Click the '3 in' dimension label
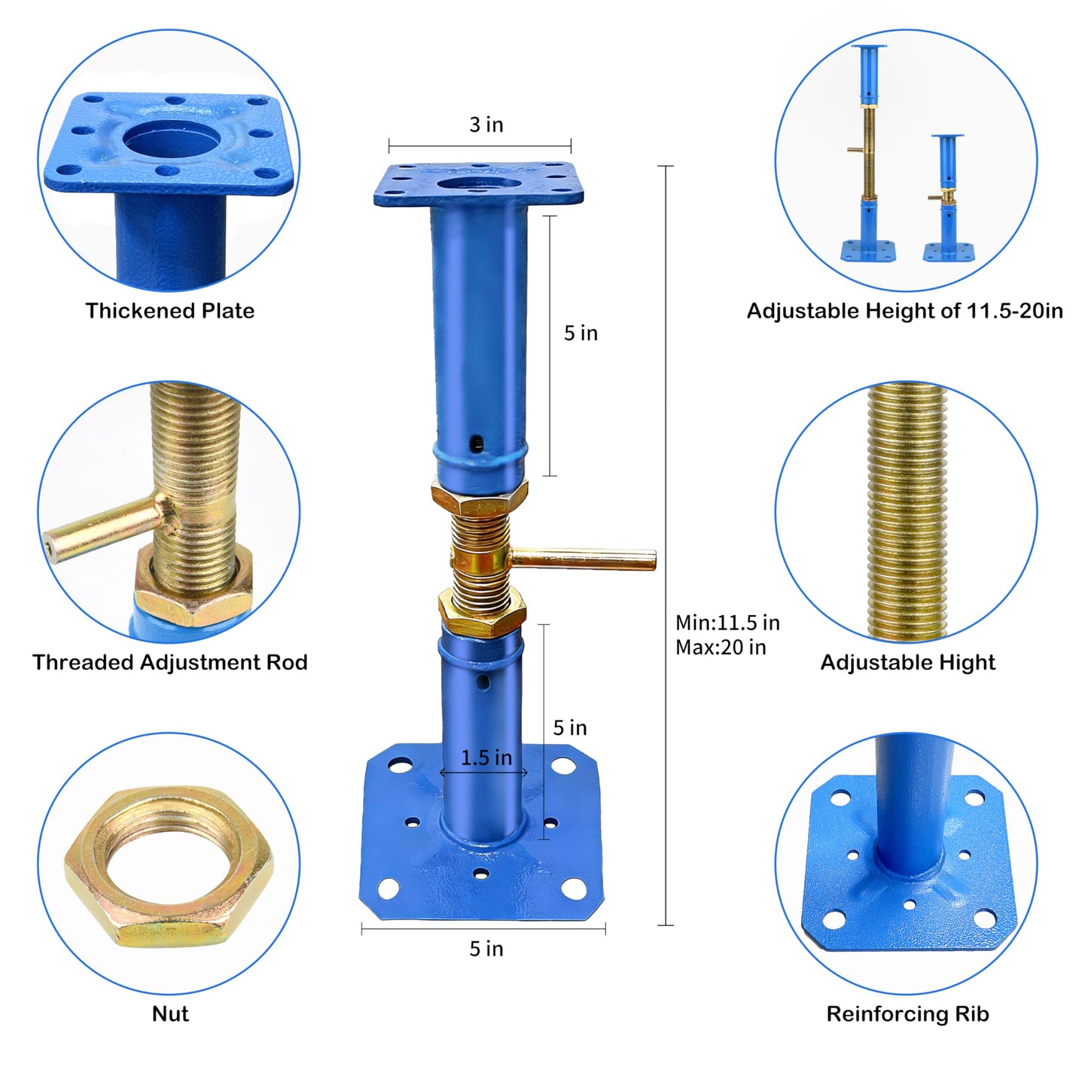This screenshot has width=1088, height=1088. [x=486, y=125]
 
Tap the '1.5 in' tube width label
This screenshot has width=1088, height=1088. [x=486, y=757]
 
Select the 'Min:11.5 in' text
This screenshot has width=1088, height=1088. [x=727, y=623]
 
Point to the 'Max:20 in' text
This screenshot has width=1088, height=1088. [x=721, y=647]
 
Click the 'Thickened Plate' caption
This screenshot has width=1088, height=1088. [x=170, y=311]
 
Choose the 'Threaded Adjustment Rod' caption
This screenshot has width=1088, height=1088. [x=170, y=663]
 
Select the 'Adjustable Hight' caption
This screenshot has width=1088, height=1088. [x=907, y=663]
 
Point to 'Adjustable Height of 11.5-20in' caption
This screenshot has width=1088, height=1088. [x=904, y=311]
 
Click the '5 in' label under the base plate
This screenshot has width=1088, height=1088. [x=486, y=949]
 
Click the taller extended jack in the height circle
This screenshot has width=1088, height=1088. [x=868, y=152]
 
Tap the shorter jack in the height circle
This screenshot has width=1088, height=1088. [x=948, y=197]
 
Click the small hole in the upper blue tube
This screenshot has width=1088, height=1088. [x=477, y=443]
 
